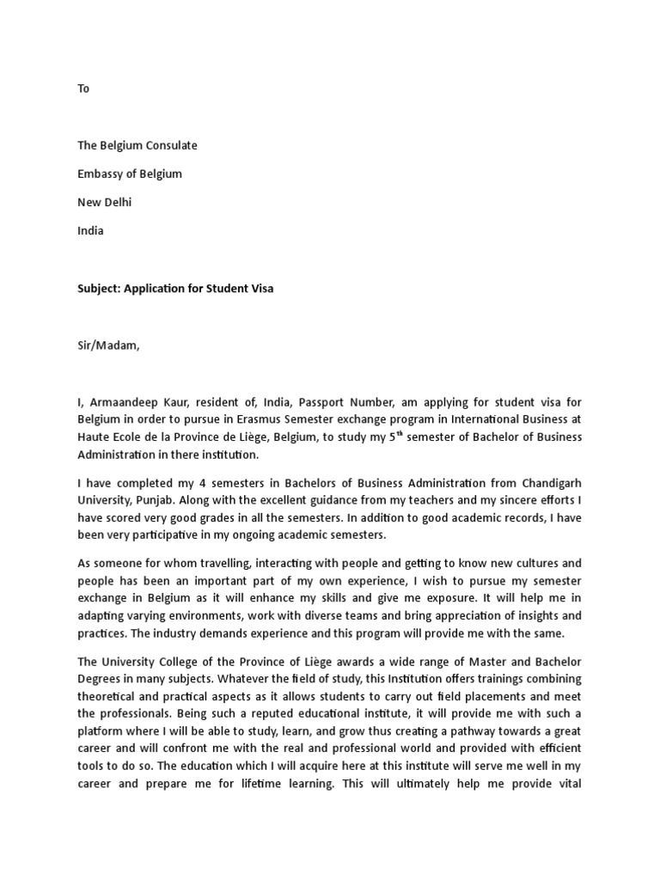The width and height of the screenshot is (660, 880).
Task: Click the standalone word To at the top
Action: (x=83, y=89)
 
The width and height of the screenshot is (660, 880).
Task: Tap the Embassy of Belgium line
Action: (x=130, y=174)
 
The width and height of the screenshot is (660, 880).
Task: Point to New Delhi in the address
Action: (x=105, y=202)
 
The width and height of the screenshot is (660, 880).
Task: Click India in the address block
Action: (x=90, y=230)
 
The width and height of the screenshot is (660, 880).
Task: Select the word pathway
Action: (x=472, y=731)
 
